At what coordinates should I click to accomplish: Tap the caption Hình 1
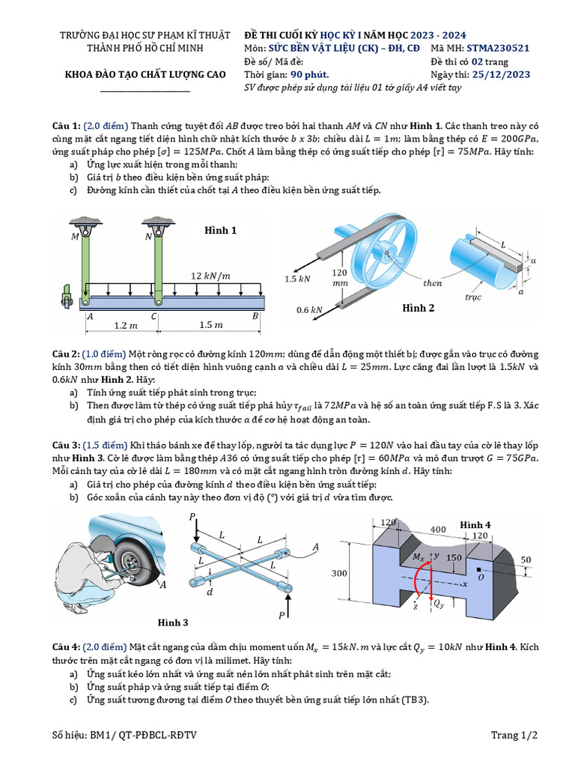220,231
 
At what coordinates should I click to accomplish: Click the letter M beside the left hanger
75,237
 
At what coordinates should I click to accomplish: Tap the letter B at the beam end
255,316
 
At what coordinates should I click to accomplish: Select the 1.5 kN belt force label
297,279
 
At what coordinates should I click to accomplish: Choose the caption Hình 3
173,622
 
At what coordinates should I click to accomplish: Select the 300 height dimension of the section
339,573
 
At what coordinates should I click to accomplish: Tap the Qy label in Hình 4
441,603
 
